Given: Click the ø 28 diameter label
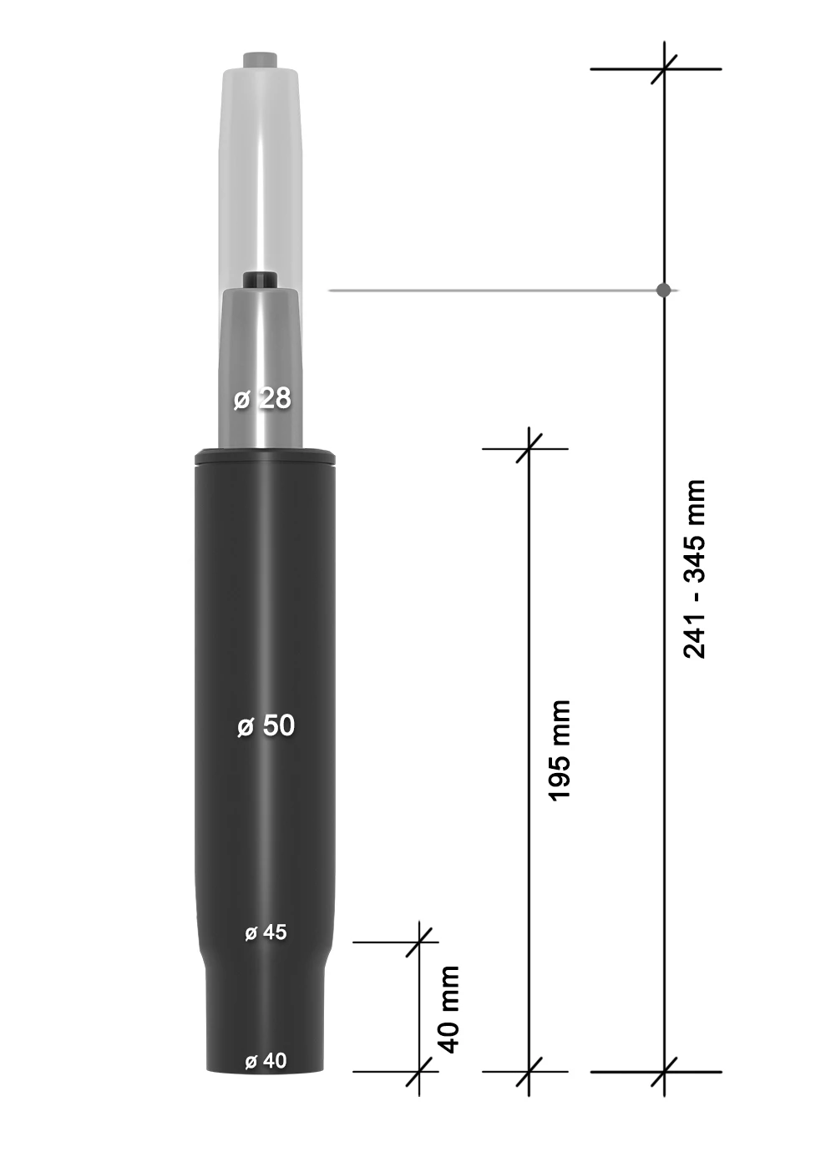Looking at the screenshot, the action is coord(261,399).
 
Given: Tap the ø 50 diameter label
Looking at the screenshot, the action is coord(266,725).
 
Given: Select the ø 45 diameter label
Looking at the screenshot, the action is coord(266,932).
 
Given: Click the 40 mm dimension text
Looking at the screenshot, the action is coord(449,1009).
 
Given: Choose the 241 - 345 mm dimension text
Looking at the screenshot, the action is coord(695,568).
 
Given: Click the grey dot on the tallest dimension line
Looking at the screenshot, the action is coord(664,290).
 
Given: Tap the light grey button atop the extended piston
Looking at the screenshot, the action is coord(261,59).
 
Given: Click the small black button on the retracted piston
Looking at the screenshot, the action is coord(261,279).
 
